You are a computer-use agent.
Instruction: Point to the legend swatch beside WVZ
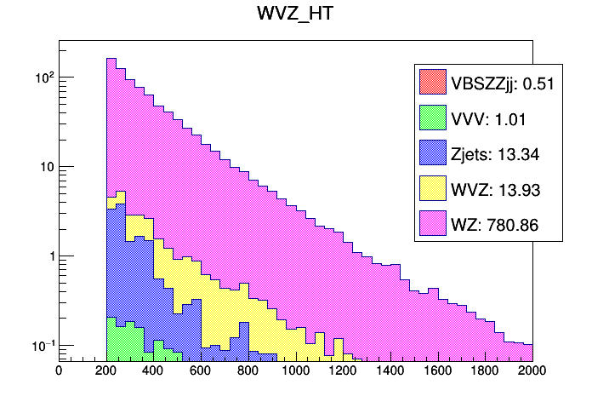point(432,188)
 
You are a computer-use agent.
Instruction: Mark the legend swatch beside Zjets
point(432,153)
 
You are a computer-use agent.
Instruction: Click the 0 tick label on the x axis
point(59,370)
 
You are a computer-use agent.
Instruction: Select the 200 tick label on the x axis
point(106,370)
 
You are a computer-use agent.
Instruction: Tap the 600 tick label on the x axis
point(201,370)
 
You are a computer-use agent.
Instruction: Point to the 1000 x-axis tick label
point(296,370)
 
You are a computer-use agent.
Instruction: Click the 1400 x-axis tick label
point(390,370)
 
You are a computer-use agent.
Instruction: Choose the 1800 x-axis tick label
point(486,370)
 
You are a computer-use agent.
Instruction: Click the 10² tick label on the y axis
point(43,76)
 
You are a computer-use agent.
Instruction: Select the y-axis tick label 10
point(45,167)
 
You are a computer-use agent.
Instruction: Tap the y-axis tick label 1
point(48,256)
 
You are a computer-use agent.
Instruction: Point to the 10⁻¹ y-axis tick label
point(42,345)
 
